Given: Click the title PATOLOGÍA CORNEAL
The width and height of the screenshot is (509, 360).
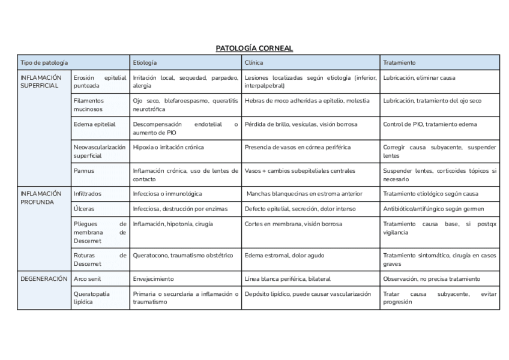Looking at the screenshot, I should (x=254, y=48).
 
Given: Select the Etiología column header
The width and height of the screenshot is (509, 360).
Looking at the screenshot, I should (x=145, y=62).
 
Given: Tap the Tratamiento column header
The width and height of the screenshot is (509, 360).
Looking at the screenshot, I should (x=399, y=62).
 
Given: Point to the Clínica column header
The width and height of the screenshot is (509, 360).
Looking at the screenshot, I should (x=254, y=62).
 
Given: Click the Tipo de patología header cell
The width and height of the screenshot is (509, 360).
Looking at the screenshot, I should (x=44, y=62).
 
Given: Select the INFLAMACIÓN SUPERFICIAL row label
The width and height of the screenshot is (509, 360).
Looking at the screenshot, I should (x=41, y=82).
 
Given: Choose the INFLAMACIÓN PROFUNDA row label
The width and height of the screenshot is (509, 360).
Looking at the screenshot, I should (x=41, y=198).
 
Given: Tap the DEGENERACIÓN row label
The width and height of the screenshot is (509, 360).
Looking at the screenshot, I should (x=44, y=279).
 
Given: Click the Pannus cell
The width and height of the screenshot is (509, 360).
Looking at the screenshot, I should (x=84, y=170).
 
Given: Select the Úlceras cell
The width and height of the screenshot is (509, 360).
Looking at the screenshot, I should (x=83, y=209).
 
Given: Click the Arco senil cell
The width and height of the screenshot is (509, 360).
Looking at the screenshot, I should (x=88, y=279).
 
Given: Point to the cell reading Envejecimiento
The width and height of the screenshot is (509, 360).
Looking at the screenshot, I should (x=153, y=279).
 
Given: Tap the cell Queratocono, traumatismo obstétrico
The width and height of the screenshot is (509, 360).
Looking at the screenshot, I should (x=182, y=256).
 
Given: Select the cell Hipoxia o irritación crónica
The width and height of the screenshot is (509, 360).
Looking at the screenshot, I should (x=168, y=147).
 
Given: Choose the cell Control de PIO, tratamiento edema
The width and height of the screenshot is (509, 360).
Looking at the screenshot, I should (x=430, y=124).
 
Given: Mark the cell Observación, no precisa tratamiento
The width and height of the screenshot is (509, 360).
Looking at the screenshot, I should (x=432, y=279).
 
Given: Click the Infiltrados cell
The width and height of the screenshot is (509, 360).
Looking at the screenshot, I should (x=88, y=194).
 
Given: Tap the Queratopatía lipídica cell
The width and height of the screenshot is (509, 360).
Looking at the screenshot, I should (x=92, y=298).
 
